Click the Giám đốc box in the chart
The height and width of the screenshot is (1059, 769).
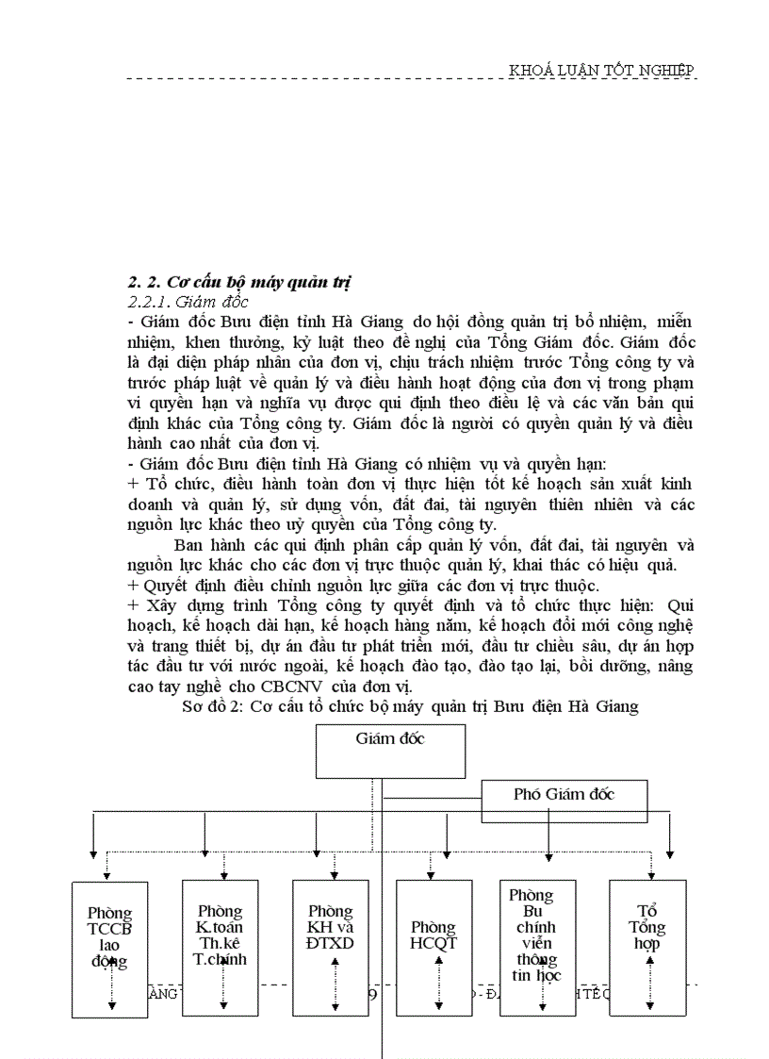tap(390, 750)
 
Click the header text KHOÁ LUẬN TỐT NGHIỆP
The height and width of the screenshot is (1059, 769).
tap(601, 71)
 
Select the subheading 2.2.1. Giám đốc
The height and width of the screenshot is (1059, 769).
tap(188, 303)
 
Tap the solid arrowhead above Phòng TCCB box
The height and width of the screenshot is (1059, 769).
tap(92, 850)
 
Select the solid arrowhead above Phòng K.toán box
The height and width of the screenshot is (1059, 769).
tap(205, 850)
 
